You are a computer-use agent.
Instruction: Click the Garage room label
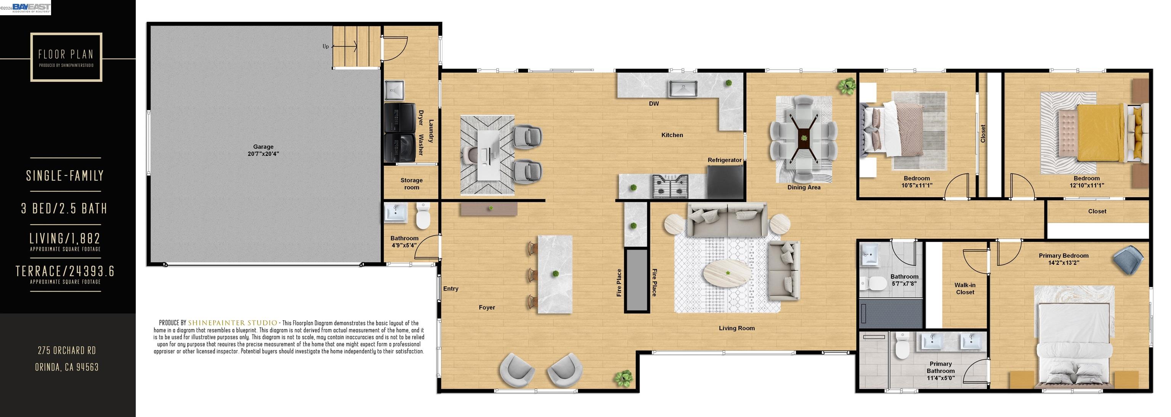point(263,150)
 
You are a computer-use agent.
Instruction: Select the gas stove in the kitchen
point(670,186)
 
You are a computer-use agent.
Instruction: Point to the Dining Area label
point(804,187)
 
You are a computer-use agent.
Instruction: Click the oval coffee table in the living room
point(727,273)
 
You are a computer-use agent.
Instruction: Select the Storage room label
point(411,184)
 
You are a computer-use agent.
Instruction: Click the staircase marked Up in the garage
point(356,47)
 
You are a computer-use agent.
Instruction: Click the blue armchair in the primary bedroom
point(1128,260)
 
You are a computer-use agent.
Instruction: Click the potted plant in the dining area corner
point(847,85)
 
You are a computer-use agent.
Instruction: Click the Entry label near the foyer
point(451,288)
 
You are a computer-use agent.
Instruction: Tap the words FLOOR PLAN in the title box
point(66,55)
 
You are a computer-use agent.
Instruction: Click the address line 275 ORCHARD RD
point(67,350)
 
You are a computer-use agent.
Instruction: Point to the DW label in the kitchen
point(654,104)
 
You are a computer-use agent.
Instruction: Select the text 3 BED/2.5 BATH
point(64,209)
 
